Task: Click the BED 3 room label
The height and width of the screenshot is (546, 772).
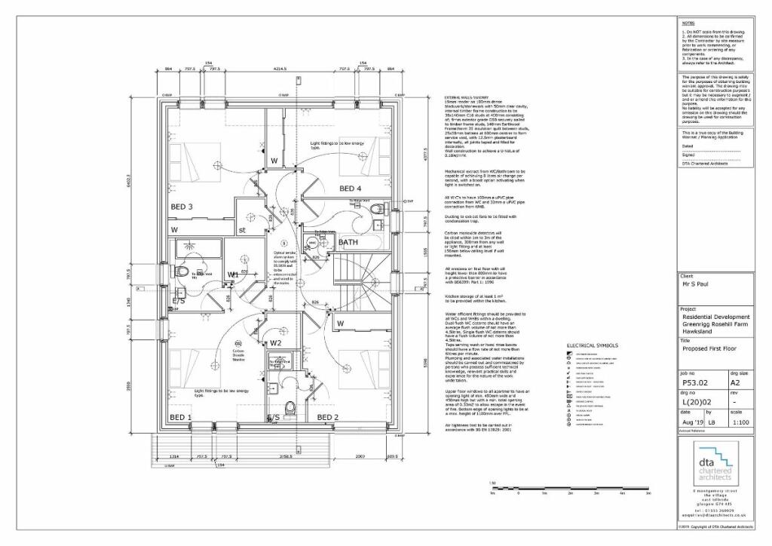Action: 181,207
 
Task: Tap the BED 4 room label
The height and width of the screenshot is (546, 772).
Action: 351,189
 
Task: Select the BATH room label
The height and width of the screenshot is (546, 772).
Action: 348,242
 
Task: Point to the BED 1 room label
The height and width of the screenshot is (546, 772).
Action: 180,417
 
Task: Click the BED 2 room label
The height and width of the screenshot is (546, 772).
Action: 327,417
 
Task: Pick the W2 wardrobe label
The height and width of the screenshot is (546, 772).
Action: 276,343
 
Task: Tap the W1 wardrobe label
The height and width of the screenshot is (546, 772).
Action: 234,275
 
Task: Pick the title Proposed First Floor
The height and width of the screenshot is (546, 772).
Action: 709,349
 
